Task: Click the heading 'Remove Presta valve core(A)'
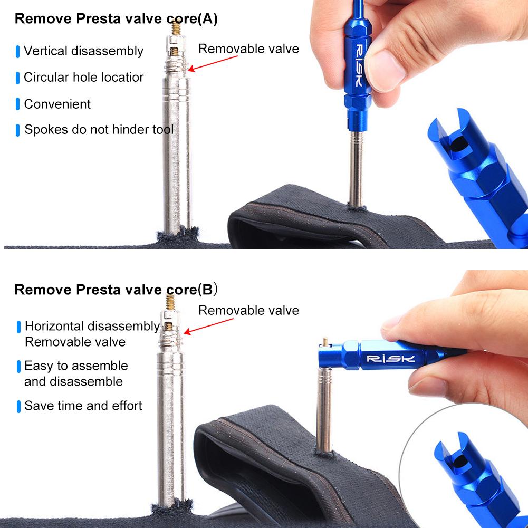(x=116, y=19)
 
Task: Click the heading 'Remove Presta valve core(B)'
(x=116, y=290)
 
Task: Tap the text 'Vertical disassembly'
(x=83, y=51)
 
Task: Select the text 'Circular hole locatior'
(x=83, y=77)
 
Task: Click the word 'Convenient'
(x=57, y=104)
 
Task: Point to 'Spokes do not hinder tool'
(x=99, y=129)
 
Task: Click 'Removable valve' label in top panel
(x=248, y=49)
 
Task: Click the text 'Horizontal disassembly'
(x=92, y=327)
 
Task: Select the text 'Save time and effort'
(x=83, y=406)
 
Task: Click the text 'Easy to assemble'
(x=76, y=366)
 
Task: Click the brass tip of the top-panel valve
(x=175, y=26)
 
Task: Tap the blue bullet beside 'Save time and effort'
(x=18, y=406)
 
